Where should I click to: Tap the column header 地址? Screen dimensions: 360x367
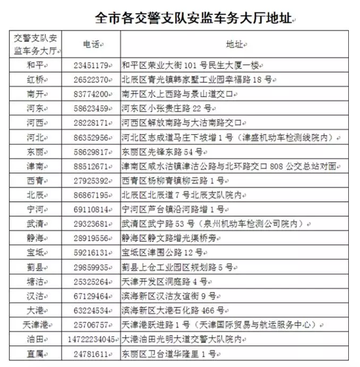[x=234, y=45]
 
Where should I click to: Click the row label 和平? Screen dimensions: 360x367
[x=35, y=66]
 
